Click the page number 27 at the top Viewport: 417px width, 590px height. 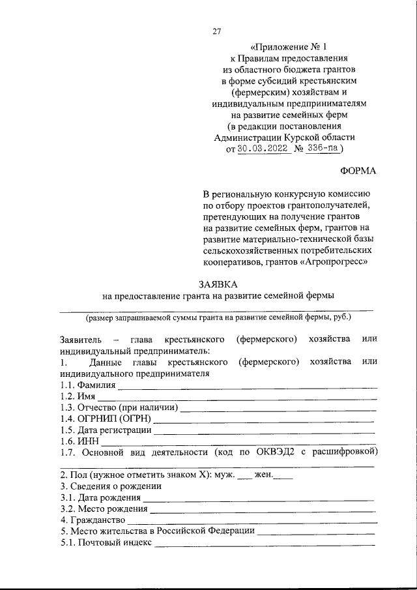pos(218,30)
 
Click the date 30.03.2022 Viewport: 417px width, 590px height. pos(263,149)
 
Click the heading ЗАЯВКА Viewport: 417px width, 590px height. pos(218,284)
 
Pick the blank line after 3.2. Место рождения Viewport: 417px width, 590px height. pos(262,509)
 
